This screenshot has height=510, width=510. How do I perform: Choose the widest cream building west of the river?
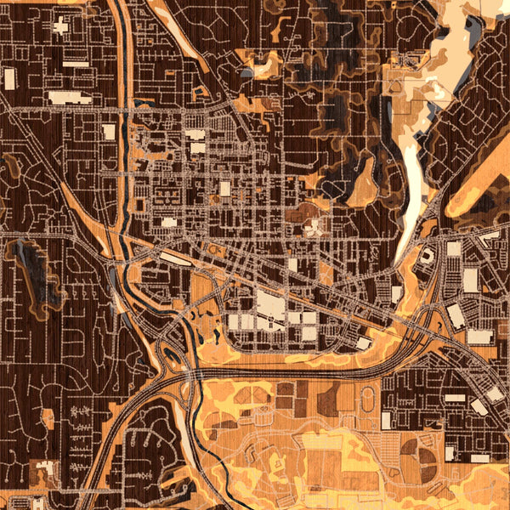(x=69, y=97)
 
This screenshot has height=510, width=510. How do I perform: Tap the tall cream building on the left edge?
(x=9, y=79)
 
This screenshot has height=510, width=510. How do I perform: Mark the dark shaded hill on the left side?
(x=38, y=270)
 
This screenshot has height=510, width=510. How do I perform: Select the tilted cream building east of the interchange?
(x=456, y=316)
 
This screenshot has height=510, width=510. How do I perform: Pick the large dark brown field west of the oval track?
(x=328, y=398)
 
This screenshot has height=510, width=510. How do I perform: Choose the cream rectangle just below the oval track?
(x=388, y=420)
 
